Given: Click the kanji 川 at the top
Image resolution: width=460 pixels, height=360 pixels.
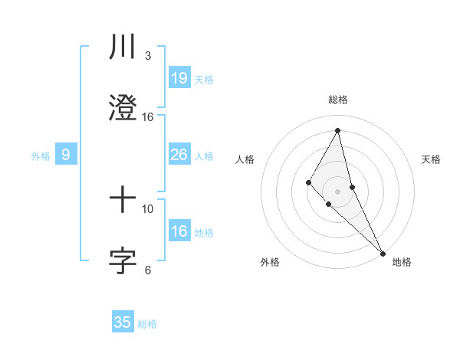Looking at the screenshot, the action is point(123,47).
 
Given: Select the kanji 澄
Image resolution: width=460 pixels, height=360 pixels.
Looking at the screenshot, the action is point(123,108).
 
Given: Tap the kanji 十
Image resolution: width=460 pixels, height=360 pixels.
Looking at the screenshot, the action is point(123,201).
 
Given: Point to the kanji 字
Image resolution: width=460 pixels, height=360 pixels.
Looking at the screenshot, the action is point(123,261).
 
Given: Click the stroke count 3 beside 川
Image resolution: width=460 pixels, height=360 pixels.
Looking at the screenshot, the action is point(147,56).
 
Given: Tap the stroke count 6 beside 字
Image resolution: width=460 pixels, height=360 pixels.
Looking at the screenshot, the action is point(147,270).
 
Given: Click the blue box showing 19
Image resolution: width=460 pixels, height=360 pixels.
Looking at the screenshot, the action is point(179,78).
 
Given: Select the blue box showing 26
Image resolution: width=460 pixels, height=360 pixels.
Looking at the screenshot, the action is point(179,155).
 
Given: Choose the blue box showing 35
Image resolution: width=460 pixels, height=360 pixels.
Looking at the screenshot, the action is point(123,322).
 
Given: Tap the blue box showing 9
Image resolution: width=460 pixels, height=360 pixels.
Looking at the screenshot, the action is point(66,155).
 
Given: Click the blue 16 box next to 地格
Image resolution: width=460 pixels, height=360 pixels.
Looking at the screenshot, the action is point(179,232).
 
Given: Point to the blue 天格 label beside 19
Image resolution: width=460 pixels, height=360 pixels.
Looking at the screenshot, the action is point(204,80).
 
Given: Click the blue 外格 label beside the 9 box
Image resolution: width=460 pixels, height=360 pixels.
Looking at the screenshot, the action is point(41,156).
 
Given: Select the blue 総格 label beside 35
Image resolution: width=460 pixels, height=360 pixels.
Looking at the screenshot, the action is point(147,324).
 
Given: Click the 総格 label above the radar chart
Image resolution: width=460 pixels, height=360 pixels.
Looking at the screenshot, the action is point(338,100).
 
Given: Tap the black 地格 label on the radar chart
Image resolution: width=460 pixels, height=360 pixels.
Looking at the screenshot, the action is point(402,262).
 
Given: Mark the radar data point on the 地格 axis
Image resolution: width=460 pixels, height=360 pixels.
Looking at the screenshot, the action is point(382,252).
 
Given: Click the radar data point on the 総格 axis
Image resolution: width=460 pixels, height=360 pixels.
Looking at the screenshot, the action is point(338,130).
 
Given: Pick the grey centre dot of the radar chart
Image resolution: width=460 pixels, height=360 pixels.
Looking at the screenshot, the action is point(338,191).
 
